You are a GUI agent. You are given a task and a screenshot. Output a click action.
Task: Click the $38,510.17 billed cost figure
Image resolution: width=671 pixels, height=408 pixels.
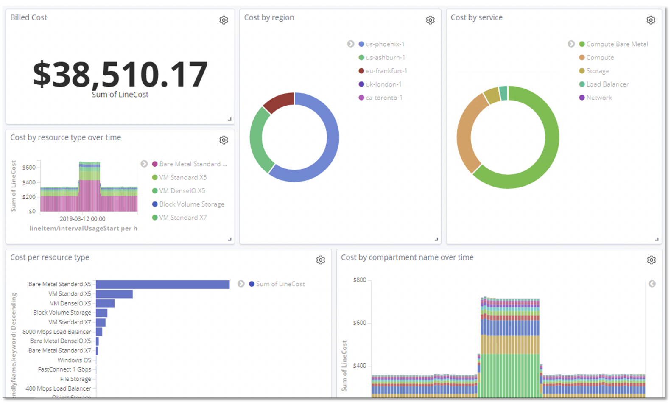coord(120,75)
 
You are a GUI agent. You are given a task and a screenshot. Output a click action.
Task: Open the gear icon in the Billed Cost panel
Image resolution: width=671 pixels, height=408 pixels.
coord(224,20)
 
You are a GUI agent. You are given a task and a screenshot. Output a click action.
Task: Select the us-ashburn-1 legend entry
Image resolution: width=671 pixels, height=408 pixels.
coord(385,57)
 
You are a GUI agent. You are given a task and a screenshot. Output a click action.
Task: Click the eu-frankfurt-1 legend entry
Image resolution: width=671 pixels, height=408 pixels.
coord(386,71)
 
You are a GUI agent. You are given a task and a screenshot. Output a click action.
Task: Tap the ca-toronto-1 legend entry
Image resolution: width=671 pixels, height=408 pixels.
coord(384,98)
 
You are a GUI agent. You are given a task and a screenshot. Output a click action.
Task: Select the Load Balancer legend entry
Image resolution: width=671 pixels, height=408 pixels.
coord(607,84)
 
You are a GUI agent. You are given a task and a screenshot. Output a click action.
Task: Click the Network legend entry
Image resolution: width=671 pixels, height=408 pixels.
coord(598,98)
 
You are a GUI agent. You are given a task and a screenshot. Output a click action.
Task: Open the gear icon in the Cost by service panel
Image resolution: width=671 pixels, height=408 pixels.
coord(651,20)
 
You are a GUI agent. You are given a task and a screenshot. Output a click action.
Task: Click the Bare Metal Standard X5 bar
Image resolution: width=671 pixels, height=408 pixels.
coord(162,284)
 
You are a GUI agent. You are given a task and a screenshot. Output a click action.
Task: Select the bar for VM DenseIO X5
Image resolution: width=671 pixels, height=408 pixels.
coord(105,303)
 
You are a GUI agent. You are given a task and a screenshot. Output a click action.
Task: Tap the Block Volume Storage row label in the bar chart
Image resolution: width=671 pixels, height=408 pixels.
coord(62,313)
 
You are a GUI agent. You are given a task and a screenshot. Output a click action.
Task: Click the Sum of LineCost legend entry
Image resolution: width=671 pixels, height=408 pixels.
coord(280,284)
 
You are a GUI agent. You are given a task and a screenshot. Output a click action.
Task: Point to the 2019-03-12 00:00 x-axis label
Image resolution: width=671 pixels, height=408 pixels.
coord(82,219)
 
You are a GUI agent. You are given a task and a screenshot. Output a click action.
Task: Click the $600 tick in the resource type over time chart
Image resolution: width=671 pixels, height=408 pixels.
coord(29,168)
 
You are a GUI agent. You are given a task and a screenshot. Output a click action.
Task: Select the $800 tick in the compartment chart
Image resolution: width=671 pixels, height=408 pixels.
coord(359,280)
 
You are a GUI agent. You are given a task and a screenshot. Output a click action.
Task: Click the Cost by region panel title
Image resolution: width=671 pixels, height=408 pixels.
coord(269,17)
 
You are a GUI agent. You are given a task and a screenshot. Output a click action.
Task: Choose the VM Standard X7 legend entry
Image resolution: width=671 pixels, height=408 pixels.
coord(183,218)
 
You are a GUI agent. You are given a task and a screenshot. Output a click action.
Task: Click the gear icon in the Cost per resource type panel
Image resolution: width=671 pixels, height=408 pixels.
coord(321,260)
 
